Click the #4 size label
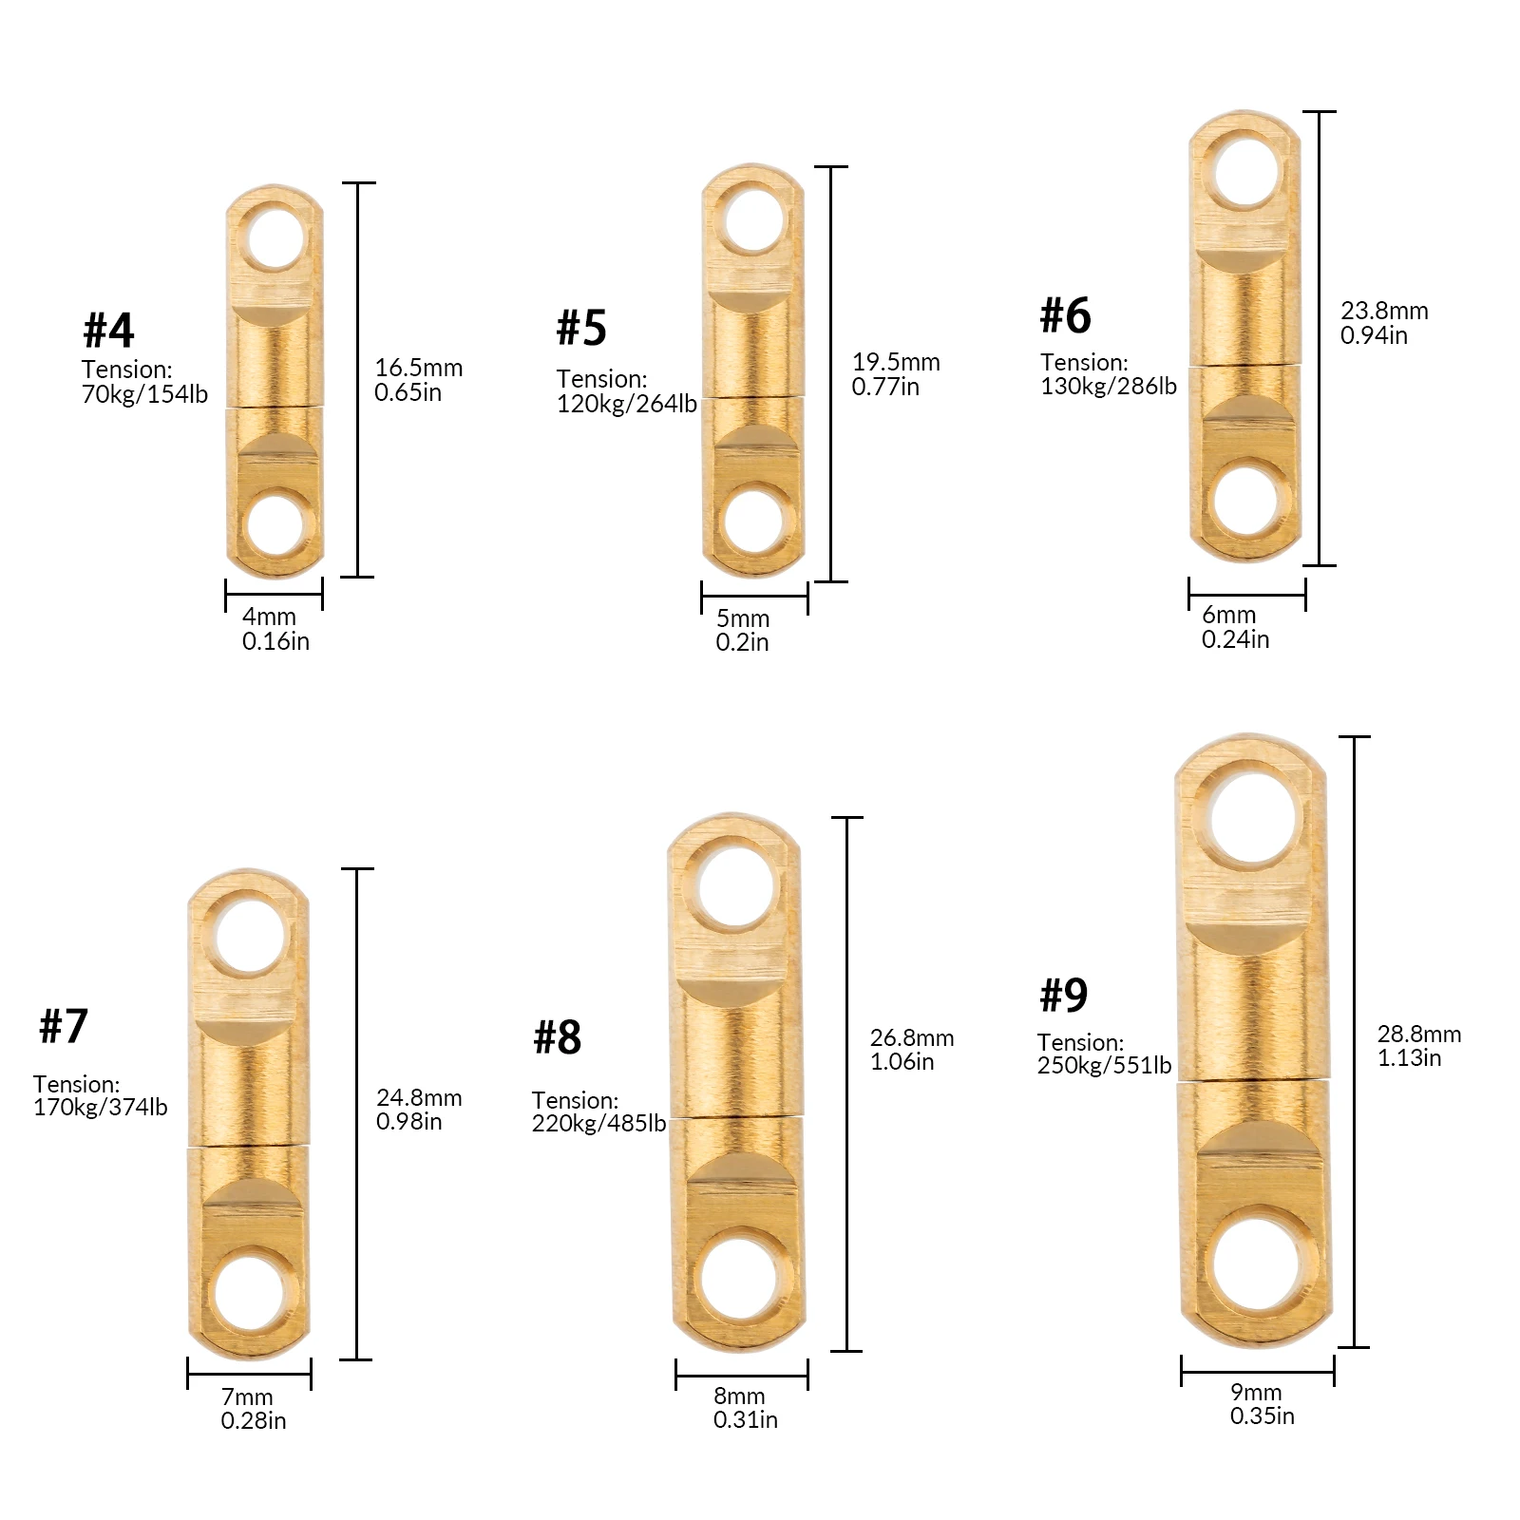point(108,330)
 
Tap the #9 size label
point(1063,995)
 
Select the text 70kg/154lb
point(144,393)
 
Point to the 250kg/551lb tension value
point(1104,1066)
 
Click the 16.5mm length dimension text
point(418,368)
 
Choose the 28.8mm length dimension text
point(1419,1034)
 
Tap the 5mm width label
point(743,618)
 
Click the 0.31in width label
point(745,1419)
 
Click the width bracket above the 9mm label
point(1257,1370)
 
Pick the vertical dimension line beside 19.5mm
point(832,373)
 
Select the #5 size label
point(580,328)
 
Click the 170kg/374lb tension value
point(100,1107)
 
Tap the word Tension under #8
point(574,1100)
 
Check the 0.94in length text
point(1374,334)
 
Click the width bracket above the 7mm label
point(249,1374)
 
